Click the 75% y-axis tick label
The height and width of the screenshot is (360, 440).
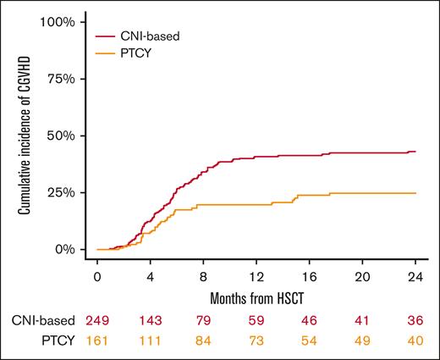(x=62, y=79)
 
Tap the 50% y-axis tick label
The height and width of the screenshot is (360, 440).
(x=62, y=136)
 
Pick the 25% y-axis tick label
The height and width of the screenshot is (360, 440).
(x=62, y=192)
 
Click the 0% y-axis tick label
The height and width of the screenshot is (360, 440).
(x=65, y=250)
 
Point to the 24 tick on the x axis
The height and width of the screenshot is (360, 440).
(x=415, y=277)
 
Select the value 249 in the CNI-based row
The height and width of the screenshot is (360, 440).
(x=98, y=321)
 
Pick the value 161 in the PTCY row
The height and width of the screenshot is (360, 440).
(x=98, y=341)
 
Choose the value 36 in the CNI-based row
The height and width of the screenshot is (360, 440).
(x=415, y=321)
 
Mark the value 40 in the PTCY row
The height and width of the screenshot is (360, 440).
(x=415, y=341)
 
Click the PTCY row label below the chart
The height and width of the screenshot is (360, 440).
(x=58, y=341)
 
